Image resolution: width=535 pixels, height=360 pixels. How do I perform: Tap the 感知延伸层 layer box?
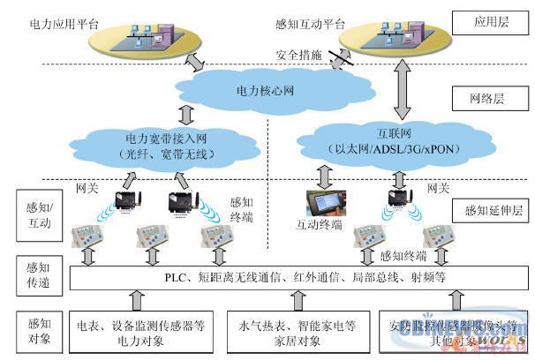click(x=486, y=212)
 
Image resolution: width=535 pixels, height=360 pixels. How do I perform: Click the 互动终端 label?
click(x=317, y=226)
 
